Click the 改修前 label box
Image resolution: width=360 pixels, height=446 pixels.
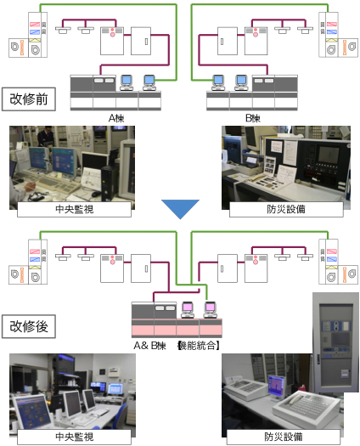pyautogui.click(x=29, y=99)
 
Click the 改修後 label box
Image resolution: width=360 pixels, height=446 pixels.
pyautogui.click(x=29, y=326)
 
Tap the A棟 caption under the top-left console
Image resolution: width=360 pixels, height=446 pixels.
pyautogui.click(x=116, y=118)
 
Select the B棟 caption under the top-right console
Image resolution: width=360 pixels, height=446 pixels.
pyautogui.click(x=253, y=118)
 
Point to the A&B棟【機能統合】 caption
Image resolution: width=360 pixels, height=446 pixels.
pyautogui.click(x=177, y=346)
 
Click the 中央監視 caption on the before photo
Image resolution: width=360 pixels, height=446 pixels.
pyautogui.click(x=74, y=209)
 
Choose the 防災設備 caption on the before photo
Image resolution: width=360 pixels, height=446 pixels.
pyautogui.click(x=286, y=209)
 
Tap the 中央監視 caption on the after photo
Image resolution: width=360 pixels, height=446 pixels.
pyautogui.click(x=74, y=437)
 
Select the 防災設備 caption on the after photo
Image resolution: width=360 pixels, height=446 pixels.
pyautogui.click(x=284, y=437)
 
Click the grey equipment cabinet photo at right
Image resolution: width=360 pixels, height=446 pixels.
pyautogui.click(x=335, y=342)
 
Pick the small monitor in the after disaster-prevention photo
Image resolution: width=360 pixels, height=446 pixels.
pyautogui.click(x=277, y=387)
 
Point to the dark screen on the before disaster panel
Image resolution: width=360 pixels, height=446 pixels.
pyautogui.click(x=329, y=155)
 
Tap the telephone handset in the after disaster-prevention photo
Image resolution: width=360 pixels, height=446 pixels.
pyautogui.click(x=295, y=398)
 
